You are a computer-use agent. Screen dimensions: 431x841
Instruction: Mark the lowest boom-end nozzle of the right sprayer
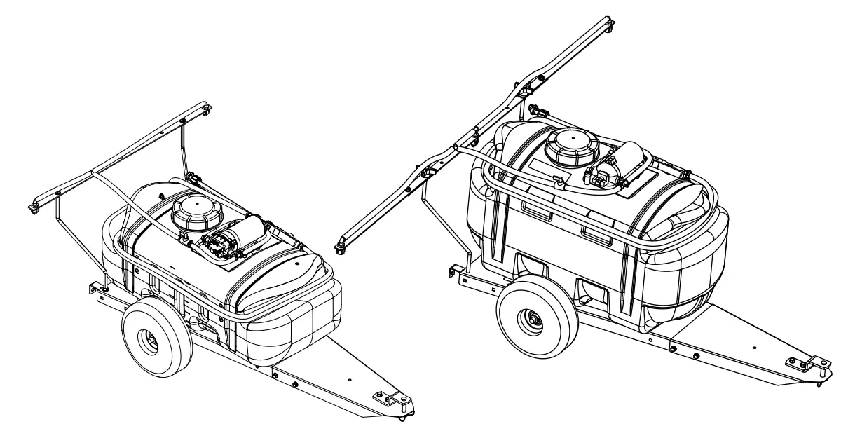(341, 243)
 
